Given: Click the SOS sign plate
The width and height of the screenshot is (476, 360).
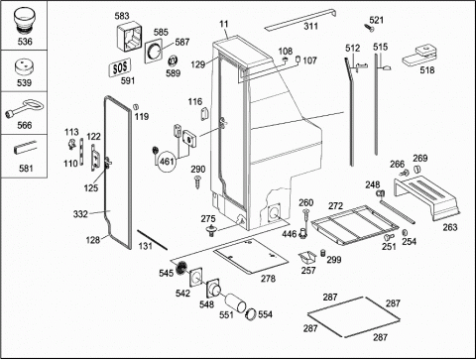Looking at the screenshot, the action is click(120, 67).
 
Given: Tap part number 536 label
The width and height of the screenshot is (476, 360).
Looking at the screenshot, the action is click(25, 42).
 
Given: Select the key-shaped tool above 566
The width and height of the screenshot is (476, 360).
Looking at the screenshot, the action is click(24, 109).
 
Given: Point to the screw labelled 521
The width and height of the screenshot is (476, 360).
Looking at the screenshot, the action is click(369, 28).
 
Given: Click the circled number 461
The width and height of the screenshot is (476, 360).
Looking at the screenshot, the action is click(167, 162).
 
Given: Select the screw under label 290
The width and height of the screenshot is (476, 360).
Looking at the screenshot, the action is click(197, 182).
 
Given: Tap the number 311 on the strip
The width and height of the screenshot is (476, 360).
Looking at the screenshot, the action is click(311, 26).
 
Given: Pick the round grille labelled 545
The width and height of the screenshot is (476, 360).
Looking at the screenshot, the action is click(180, 266).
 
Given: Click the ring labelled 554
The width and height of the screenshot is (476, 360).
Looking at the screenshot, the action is click(251, 313).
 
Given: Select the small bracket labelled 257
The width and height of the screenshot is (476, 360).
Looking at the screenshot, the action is click(307, 257).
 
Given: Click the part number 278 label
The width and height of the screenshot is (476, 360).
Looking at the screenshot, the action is click(268, 279).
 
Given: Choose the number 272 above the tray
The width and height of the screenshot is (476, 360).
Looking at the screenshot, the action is click(335, 206).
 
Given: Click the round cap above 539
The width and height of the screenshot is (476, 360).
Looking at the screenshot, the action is click(24, 67).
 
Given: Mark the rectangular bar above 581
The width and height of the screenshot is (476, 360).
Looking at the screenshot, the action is click(25, 148).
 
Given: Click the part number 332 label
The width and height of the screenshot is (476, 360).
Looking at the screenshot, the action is click(80, 214).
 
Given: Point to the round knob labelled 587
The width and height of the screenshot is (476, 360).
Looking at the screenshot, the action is click(155, 52).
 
